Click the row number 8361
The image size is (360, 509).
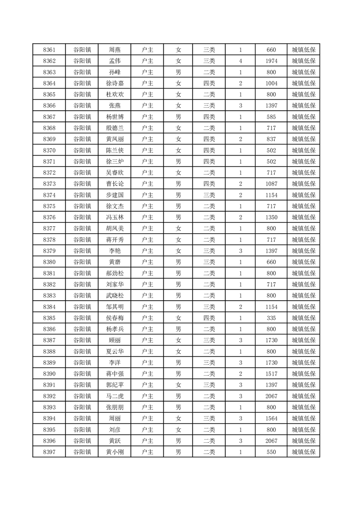49,50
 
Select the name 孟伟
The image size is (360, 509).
114,61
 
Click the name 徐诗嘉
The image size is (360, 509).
114,83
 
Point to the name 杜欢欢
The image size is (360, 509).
114,94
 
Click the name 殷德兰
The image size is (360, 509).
114,128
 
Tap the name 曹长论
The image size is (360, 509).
114,184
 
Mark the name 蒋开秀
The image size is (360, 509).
114,240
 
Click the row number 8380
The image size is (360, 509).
49,262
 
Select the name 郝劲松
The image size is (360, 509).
114,273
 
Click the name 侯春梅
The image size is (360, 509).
114,318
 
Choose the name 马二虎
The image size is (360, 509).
114,396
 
